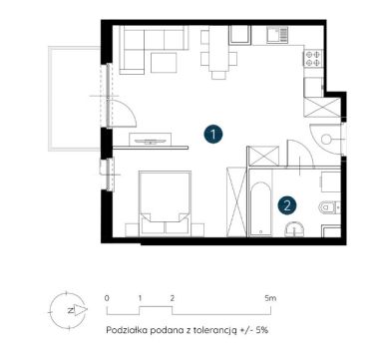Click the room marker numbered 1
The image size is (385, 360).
[213, 135]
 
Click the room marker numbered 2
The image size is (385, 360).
[287, 205]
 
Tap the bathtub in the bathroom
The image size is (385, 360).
[260, 208]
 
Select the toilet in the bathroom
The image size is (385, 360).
[328, 207]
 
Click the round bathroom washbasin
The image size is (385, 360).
[295, 229]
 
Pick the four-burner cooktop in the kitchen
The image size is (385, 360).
[313, 58]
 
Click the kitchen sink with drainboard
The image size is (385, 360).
[276, 35]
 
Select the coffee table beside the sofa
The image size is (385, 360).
[164, 63]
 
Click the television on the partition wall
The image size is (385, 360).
[150, 142]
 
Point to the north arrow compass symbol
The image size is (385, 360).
[68, 310]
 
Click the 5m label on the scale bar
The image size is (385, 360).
[270, 298]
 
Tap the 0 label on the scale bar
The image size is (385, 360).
[107, 298]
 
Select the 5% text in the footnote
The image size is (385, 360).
[262, 330]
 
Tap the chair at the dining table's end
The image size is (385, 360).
[218, 76]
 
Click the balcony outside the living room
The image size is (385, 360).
[75, 99]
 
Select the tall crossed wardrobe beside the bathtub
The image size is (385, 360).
[236, 201]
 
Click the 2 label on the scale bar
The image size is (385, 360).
[172, 298]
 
